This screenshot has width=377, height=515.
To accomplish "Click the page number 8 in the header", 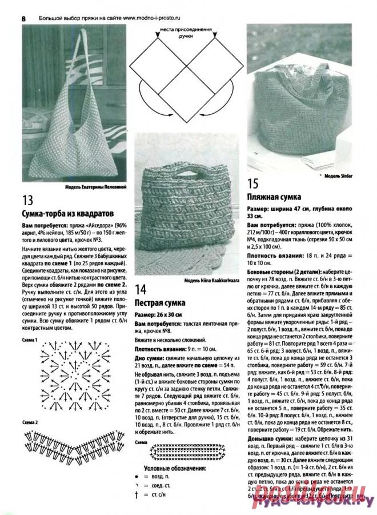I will coord(23,18).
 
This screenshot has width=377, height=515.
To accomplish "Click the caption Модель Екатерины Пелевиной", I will coord(95,187).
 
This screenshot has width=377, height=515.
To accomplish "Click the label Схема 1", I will coord(30,340).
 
